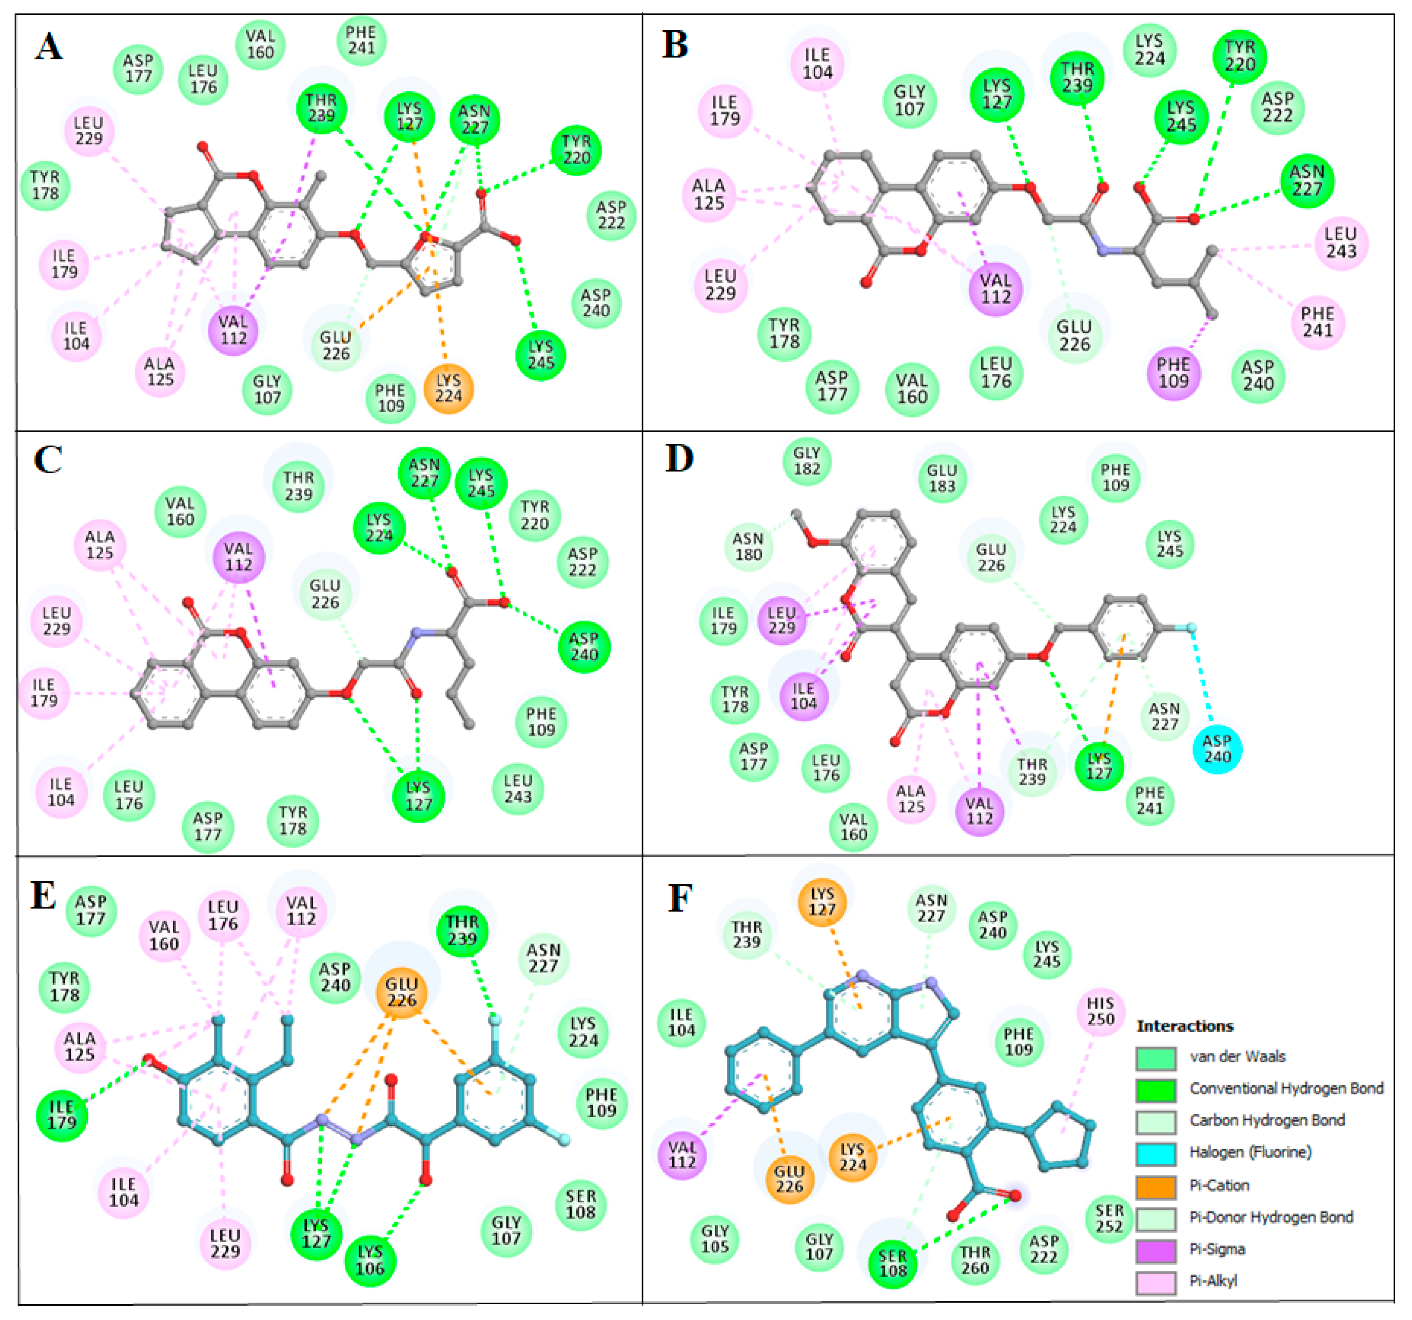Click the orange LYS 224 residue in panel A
pyautogui.click(x=448, y=389)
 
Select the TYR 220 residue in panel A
pyautogui.click(x=576, y=150)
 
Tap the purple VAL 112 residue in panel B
pyautogui.click(x=995, y=288)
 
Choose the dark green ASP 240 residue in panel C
pyautogui.click(x=584, y=646)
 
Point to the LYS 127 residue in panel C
pyautogui.click(x=418, y=796)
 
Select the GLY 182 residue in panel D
pyautogui.click(x=807, y=461)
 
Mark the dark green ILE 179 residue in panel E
pyautogui.click(x=62, y=1115)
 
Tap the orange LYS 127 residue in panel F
pyautogui.click(x=822, y=901)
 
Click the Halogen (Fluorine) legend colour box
pyautogui.click(x=1156, y=1152)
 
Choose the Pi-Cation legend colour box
pyautogui.click(x=1156, y=1185)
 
